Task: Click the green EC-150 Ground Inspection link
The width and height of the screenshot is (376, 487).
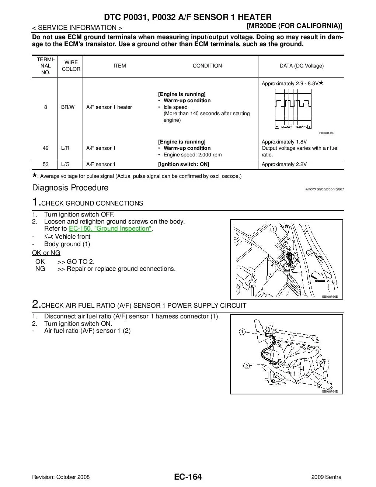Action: click(x=110, y=229)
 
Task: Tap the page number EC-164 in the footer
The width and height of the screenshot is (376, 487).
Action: click(x=188, y=477)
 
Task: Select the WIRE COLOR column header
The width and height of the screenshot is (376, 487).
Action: click(x=71, y=66)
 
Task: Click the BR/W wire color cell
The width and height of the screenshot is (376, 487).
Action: click(x=68, y=107)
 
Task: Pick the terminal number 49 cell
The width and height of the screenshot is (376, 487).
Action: click(x=46, y=148)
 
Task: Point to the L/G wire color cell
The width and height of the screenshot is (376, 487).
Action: click(x=66, y=164)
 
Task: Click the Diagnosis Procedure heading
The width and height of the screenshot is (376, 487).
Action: click(x=70, y=187)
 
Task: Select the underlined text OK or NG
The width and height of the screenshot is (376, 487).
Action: click(x=46, y=253)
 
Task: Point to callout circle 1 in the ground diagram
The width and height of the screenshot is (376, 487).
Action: click(x=273, y=229)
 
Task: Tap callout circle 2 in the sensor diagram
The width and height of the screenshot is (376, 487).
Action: click(x=246, y=366)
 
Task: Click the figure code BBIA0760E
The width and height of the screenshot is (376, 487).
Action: click(x=330, y=297)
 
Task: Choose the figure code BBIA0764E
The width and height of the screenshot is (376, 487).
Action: click(x=330, y=391)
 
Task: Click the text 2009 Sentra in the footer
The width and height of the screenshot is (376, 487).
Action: click(x=326, y=477)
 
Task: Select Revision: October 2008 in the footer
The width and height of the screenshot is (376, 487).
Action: click(x=61, y=477)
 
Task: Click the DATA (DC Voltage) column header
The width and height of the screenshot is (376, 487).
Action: click(x=302, y=66)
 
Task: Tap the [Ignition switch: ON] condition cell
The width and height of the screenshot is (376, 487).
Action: click(x=184, y=164)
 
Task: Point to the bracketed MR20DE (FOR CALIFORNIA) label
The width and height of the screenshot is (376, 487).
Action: click(x=294, y=26)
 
